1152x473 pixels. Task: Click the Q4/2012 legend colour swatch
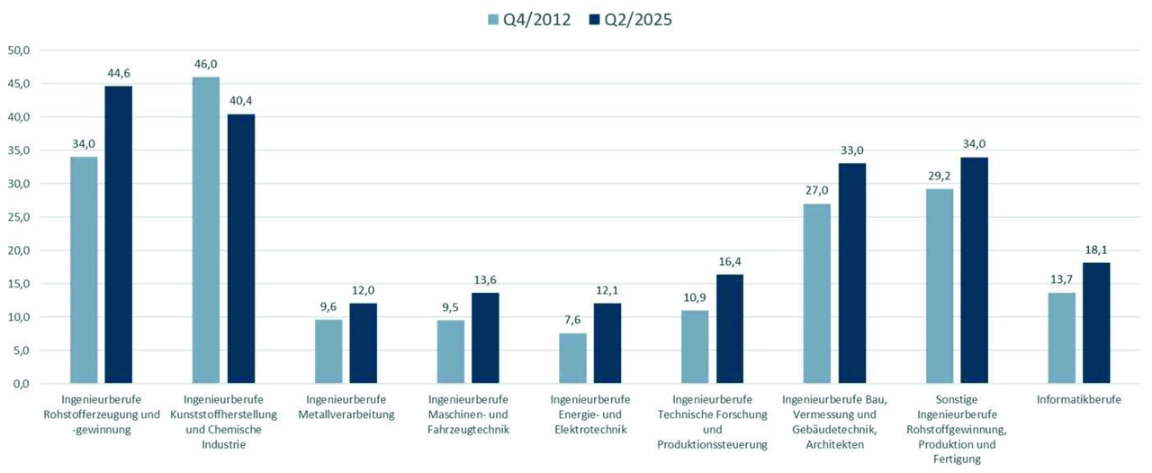coord(491,19)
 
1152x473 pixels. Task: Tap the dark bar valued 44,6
coord(119,234)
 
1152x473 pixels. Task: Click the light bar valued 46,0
coord(206,230)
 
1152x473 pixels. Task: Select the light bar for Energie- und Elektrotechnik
coord(572,358)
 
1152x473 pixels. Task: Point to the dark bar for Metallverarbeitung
coord(364,343)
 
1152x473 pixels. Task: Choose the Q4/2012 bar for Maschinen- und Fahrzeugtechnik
coord(451,351)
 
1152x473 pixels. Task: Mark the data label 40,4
coord(240,100)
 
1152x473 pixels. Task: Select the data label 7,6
coord(572,319)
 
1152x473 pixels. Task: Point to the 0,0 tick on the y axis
coord(21,384)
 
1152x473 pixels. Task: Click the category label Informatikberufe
coord(1079,399)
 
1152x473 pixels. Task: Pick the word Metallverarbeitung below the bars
coord(346,414)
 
